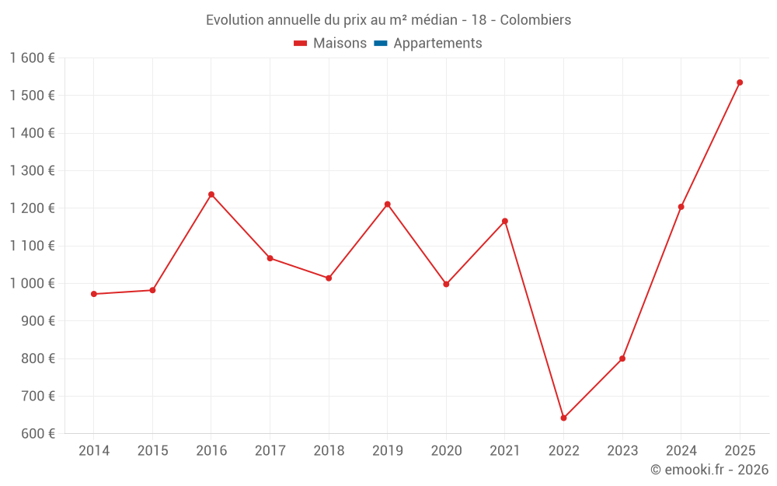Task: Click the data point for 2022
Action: pyautogui.click(x=563, y=418)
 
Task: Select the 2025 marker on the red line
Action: pyautogui.click(x=740, y=83)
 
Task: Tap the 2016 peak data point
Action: pyautogui.click(x=211, y=194)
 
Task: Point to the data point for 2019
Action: pyautogui.click(x=388, y=205)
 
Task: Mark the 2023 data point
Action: pyautogui.click(x=622, y=358)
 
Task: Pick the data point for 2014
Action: pyautogui.click(x=94, y=294)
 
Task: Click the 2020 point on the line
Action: pyautogui.click(x=446, y=284)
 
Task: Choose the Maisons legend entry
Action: pyautogui.click(x=330, y=43)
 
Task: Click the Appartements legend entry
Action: pyautogui.click(x=427, y=43)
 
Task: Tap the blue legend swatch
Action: pyautogui.click(x=381, y=44)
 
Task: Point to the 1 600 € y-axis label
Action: pyautogui.click(x=33, y=58)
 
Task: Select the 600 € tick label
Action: pyautogui.click(x=38, y=433)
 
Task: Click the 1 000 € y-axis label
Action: pyautogui.click(x=33, y=283)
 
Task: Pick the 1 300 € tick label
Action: pyautogui.click(x=33, y=170)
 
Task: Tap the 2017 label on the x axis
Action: pyautogui.click(x=270, y=450)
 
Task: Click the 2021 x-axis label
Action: pyautogui.click(x=505, y=450)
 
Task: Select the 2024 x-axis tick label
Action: pyautogui.click(x=681, y=450)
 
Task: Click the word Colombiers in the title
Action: pyautogui.click(x=535, y=20)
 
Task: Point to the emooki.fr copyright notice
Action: pyautogui.click(x=709, y=469)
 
